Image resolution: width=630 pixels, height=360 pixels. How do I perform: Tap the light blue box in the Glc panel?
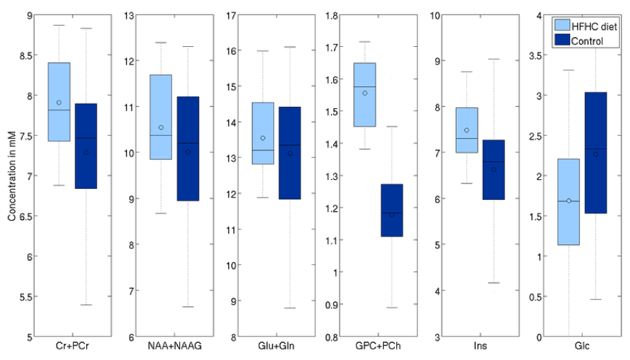click(x=569, y=201)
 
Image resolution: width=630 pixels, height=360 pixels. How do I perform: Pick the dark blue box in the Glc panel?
click(x=595, y=152)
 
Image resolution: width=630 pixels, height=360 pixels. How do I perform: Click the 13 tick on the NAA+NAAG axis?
click(x=131, y=15)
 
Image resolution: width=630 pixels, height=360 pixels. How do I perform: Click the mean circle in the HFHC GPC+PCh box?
click(x=365, y=92)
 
